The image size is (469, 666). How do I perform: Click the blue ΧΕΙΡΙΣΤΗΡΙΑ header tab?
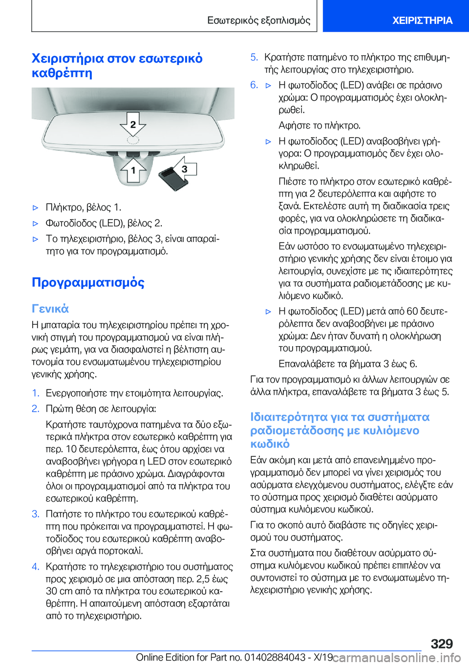coord(422,20)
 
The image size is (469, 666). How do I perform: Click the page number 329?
coord(441,644)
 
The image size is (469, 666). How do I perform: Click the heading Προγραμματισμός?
coord(88,282)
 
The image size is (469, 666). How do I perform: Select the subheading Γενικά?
coord(50,309)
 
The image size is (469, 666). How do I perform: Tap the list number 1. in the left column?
coord(35,393)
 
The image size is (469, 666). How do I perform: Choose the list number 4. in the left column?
coord(35,566)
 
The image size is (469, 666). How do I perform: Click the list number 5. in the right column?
coord(254,57)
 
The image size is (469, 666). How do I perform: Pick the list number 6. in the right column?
coord(254,85)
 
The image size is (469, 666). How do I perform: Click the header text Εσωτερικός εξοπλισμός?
coord(258,20)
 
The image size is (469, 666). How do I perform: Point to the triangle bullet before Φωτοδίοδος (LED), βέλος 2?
coord(35,223)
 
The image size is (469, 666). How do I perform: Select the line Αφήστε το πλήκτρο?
coord(320,125)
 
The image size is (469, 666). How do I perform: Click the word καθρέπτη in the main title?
coord(62,73)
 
